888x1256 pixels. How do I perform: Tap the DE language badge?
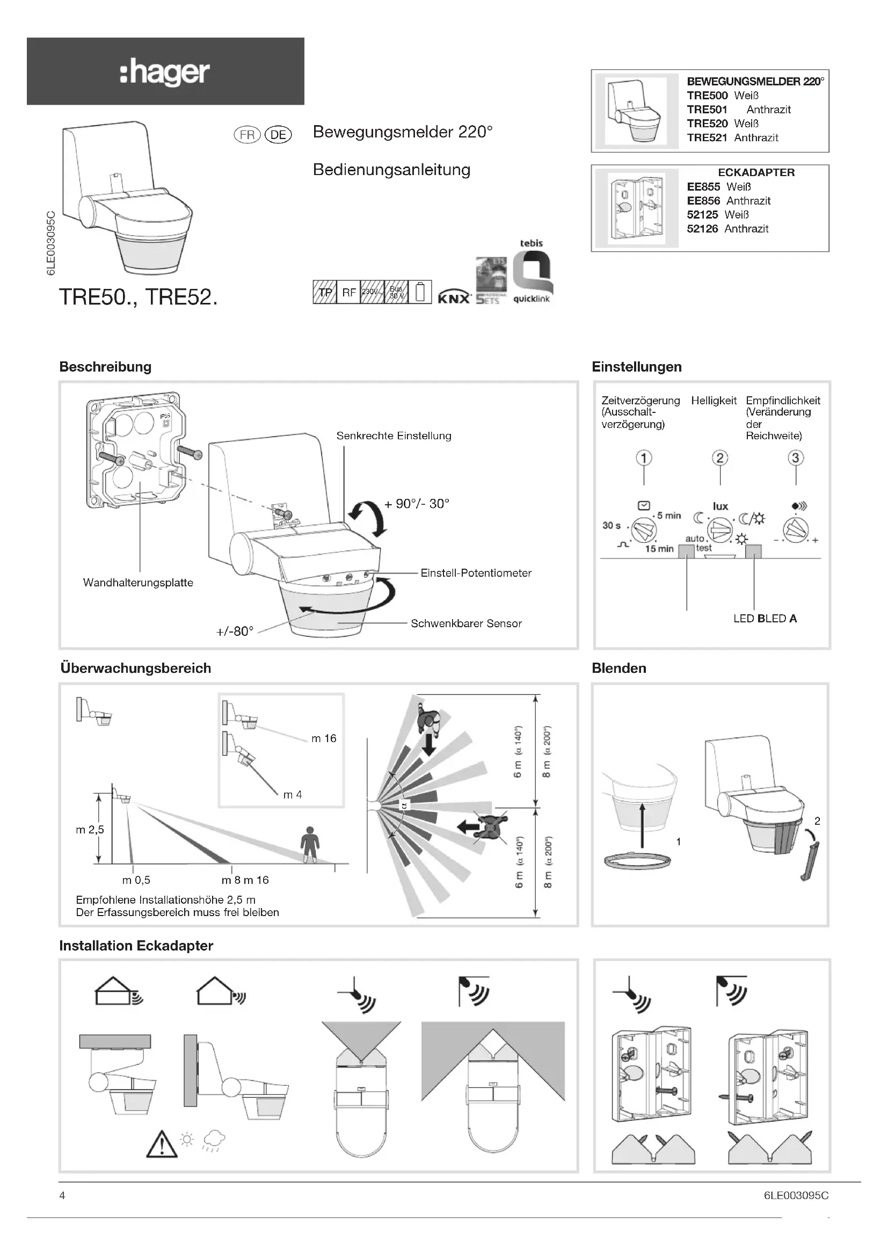(x=278, y=135)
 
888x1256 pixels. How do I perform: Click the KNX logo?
(x=454, y=297)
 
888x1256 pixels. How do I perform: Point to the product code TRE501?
(x=707, y=110)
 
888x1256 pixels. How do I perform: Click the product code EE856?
(x=703, y=201)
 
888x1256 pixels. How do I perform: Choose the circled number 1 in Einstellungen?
(x=644, y=458)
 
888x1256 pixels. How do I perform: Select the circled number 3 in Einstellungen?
(x=796, y=458)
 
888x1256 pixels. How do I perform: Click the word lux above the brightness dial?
(x=720, y=506)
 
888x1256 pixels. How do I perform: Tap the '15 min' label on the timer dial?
(x=659, y=549)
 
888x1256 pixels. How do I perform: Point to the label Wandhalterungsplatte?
(x=138, y=583)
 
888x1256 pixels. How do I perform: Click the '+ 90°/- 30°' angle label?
(x=417, y=504)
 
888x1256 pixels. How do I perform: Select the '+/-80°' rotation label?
(x=235, y=631)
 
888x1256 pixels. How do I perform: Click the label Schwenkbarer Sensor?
(x=466, y=623)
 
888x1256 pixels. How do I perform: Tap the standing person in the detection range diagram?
(x=310, y=845)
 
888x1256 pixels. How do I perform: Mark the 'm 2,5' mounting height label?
(x=90, y=829)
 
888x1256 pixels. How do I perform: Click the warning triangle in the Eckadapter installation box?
(x=162, y=1144)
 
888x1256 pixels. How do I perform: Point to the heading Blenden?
(x=618, y=668)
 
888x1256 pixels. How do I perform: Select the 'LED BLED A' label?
(x=765, y=618)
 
